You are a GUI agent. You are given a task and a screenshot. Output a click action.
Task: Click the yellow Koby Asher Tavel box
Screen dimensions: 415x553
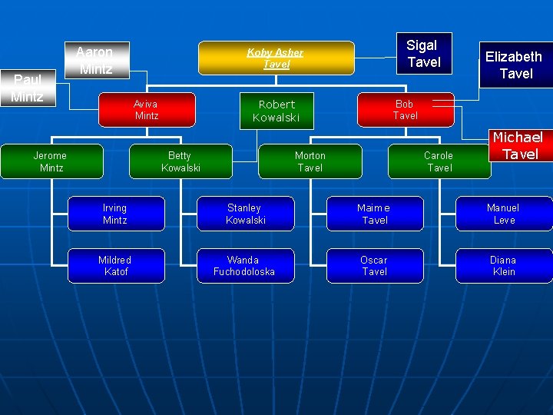pos(276,58)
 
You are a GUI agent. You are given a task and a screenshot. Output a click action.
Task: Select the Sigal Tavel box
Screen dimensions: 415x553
pos(422,54)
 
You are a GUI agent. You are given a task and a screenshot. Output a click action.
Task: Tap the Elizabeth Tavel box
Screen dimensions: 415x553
pos(514,65)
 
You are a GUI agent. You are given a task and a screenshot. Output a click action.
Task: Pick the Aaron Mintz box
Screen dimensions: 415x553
pos(95,60)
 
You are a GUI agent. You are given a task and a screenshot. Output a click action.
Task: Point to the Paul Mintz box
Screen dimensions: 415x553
pos(28,88)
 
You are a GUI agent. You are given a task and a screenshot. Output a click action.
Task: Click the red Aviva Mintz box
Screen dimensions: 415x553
pos(146,110)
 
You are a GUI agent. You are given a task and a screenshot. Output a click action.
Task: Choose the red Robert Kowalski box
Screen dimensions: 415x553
pos(276,111)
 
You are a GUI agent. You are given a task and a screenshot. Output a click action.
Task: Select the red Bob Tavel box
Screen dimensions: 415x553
pos(405,110)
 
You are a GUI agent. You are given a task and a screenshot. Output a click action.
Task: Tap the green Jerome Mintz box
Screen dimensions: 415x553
pos(50,161)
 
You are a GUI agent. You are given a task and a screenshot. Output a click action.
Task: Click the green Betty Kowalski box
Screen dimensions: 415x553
pos(180,161)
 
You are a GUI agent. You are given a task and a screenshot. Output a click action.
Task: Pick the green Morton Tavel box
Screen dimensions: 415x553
pos(310,161)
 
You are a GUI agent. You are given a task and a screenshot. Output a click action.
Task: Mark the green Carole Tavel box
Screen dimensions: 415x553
pos(439,161)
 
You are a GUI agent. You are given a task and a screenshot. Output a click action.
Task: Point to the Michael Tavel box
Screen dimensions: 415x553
pos(518,145)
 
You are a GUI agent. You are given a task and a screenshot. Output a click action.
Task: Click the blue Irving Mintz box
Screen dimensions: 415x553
pos(115,214)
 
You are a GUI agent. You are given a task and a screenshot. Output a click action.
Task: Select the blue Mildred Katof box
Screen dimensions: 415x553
pos(115,266)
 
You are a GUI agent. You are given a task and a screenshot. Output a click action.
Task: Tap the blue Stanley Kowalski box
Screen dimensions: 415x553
pos(245,214)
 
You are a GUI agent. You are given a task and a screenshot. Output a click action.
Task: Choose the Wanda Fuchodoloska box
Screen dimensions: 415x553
pos(244,266)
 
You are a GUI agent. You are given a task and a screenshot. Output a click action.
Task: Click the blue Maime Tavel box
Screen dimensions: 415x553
pos(374,214)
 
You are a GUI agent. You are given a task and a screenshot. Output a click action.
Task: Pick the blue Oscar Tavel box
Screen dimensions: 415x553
pos(374,266)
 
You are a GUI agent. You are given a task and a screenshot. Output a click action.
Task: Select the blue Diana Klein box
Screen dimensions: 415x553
pos(504,266)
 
